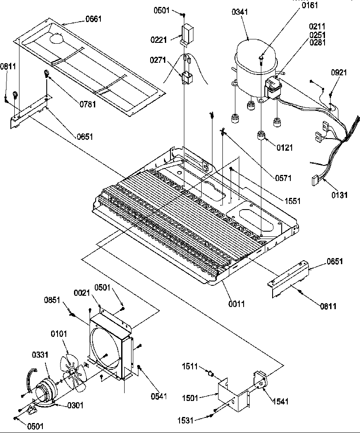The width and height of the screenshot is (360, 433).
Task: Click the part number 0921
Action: [339, 72]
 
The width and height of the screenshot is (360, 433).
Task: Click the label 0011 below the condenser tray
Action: [237, 304]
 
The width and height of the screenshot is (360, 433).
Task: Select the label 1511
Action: [190, 367]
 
